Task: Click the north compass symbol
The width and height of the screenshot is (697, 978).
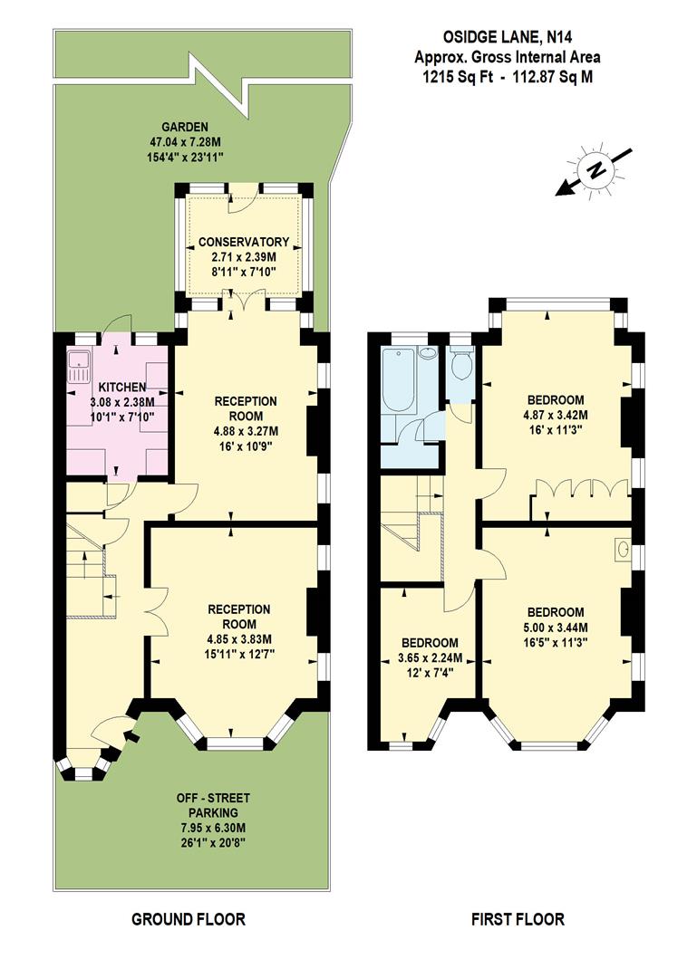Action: pos(595,170)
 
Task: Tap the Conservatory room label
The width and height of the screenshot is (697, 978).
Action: pos(244,242)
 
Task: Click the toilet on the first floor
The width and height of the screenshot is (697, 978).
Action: pos(462,365)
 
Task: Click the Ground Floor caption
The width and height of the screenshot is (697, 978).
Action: pos(189,919)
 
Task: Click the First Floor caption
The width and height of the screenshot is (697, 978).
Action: pos(518,919)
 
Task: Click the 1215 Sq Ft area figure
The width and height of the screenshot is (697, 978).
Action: pos(458,77)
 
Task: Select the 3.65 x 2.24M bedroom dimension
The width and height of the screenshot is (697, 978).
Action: pos(431,657)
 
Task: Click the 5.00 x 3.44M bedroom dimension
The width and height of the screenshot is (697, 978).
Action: pos(556,627)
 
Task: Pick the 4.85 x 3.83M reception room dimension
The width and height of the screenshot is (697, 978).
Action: pos(239,638)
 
